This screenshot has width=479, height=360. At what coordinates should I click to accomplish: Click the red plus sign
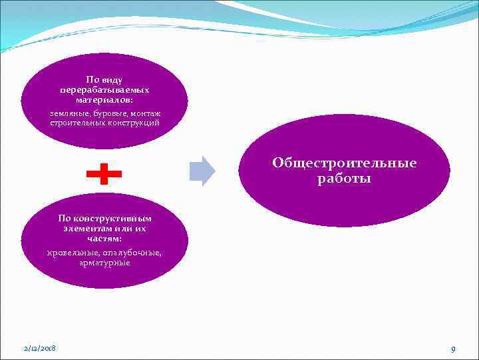[x=104, y=174]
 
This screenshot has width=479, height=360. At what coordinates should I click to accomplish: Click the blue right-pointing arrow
[x=202, y=171]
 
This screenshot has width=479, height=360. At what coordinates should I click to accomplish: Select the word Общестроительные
[x=344, y=163]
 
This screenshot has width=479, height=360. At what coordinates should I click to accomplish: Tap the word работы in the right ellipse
[x=344, y=179]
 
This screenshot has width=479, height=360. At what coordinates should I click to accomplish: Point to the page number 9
[x=452, y=349]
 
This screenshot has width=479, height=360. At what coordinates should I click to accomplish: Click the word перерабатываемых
[x=104, y=89]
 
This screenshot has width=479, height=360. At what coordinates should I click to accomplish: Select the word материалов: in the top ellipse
[x=104, y=99]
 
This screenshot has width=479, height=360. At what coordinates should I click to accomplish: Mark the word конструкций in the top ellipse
[x=132, y=123]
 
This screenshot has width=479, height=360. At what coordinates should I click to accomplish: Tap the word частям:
[x=104, y=237]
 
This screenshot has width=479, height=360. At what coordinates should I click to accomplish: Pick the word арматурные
[x=104, y=263]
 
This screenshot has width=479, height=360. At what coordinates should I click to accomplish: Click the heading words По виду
[x=104, y=79]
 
